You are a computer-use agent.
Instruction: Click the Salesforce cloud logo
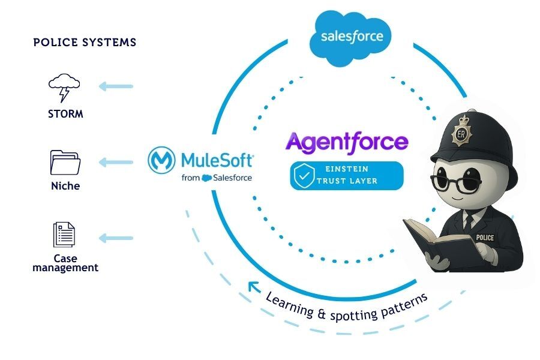pyautogui.click(x=351, y=37)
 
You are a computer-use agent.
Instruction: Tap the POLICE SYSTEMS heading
pyautogui.click(x=85, y=43)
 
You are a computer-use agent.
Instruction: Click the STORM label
pyautogui.click(x=65, y=114)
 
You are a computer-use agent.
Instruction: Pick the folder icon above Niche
pyautogui.click(x=65, y=162)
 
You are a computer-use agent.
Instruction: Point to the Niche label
pyautogui.click(x=65, y=186)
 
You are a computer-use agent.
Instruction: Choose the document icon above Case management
pyautogui.click(x=65, y=234)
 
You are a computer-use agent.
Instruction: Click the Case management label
pyautogui.click(x=65, y=263)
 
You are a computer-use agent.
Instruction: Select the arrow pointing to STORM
pyautogui.click(x=116, y=86)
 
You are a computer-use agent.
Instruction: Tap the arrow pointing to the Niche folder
pyautogui.click(x=116, y=162)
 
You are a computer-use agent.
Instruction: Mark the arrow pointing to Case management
pyautogui.click(x=116, y=238)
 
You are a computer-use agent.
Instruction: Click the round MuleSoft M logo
pyautogui.click(x=161, y=161)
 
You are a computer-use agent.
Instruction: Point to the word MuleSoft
pyautogui.click(x=217, y=160)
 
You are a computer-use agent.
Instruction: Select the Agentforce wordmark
pyautogui.click(x=347, y=142)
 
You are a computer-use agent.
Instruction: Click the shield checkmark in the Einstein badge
pyautogui.click(x=304, y=175)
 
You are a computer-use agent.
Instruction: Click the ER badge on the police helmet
pyautogui.click(x=463, y=136)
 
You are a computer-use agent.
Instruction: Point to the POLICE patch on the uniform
pyautogui.click(x=484, y=238)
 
